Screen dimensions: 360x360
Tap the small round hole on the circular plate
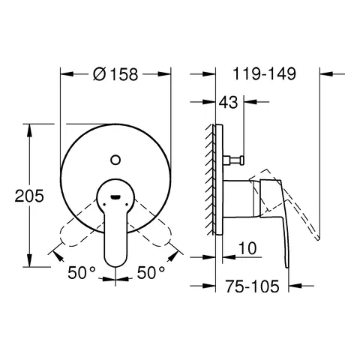click(x=115, y=157)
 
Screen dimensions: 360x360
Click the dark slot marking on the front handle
click(x=115, y=196)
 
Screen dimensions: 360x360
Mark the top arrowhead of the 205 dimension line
click(x=31, y=128)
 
